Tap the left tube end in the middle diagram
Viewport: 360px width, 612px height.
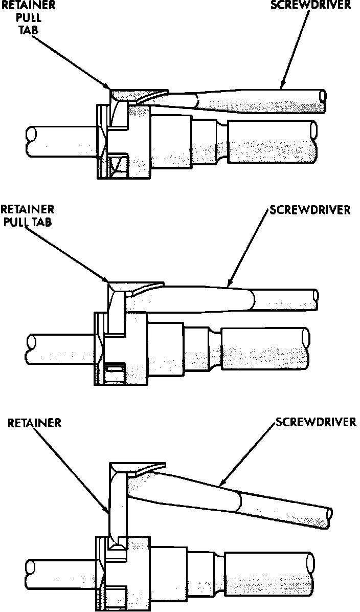coord(30,347)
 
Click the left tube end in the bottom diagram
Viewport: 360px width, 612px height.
coord(30,573)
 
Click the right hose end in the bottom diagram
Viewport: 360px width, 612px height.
coord(310,574)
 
